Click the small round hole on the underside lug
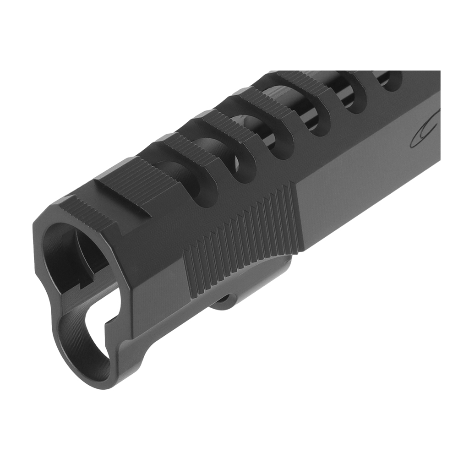click(225, 300)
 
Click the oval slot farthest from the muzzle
click(389, 80)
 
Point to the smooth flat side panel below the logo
click(366, 192)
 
